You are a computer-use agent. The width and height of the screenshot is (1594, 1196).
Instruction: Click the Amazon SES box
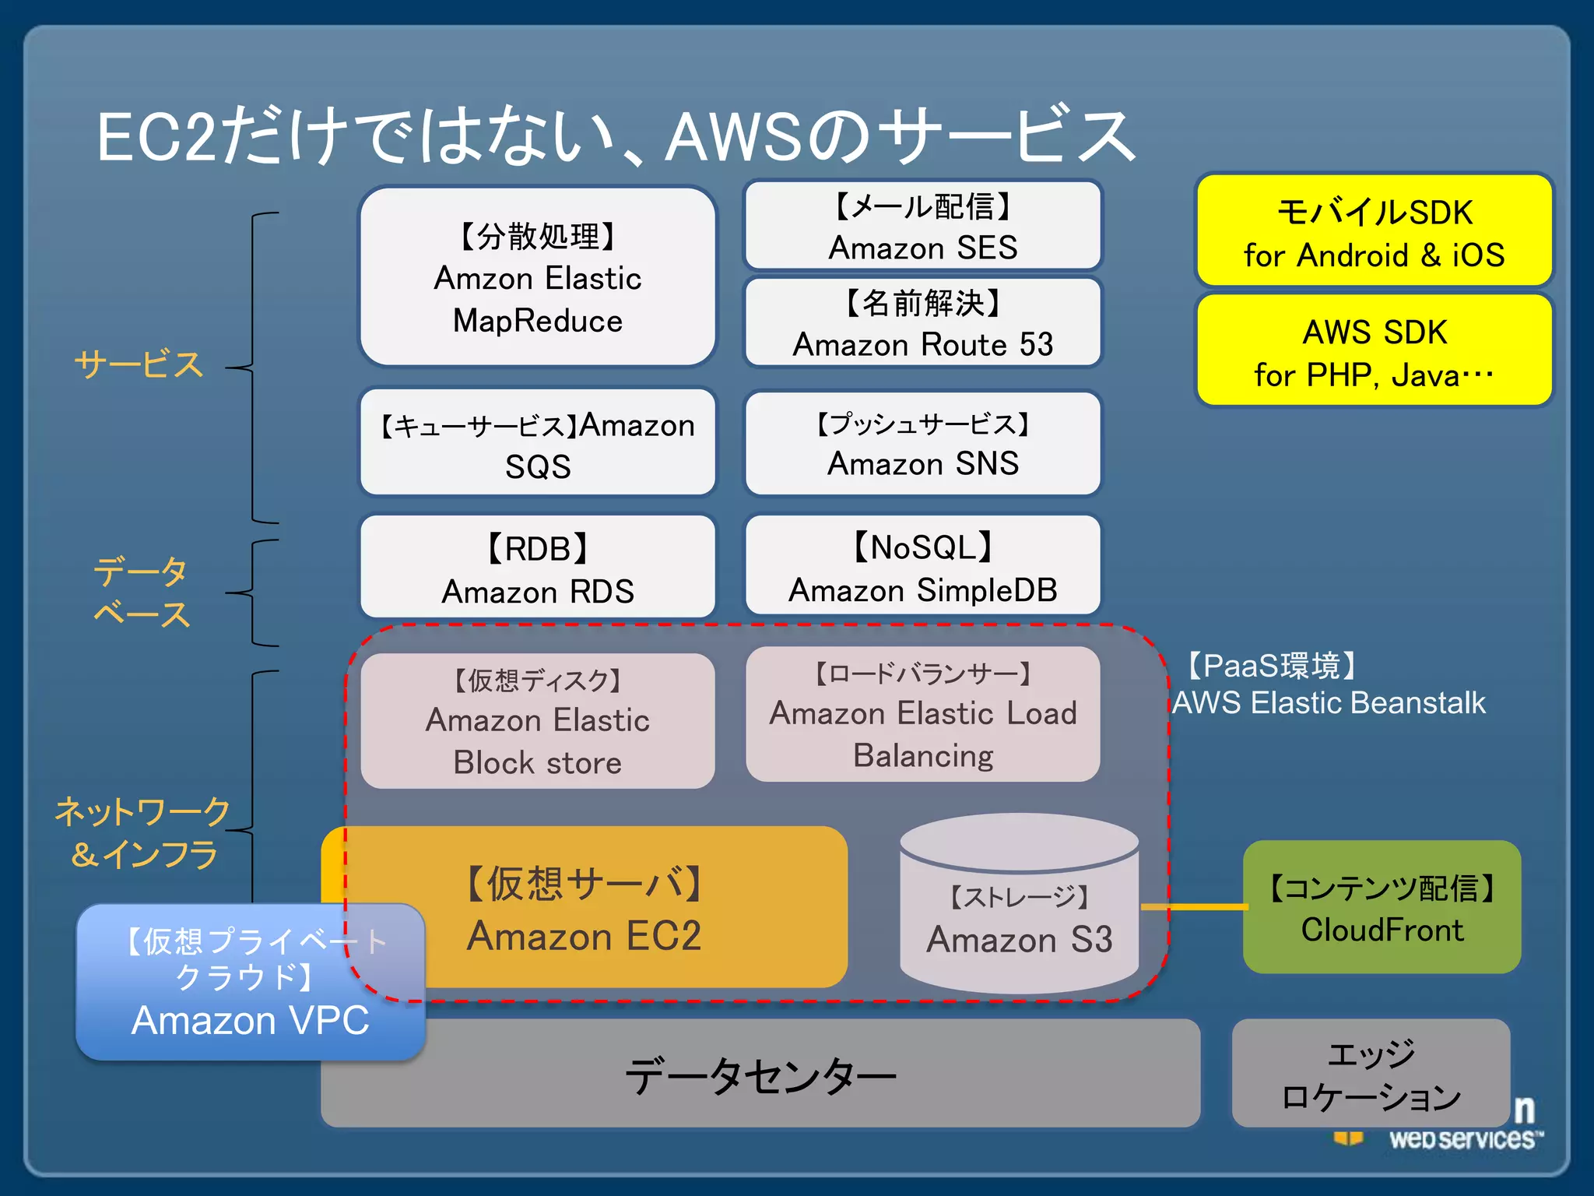pos(923,226)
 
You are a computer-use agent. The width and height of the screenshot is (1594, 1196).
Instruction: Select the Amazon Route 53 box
pos(923,323)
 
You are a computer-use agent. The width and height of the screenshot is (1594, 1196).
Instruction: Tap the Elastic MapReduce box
pos(537,277)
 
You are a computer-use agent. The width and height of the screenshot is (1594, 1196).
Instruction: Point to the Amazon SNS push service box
pos(923,444)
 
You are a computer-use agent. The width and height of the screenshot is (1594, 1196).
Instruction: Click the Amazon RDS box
pos(537,568)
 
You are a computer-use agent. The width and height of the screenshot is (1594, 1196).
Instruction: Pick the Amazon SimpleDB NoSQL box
pos(923,567)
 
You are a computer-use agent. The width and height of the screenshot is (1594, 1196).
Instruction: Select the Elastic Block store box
pos(537,721)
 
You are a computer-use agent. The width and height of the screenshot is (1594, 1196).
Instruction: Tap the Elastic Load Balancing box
pos(923,715)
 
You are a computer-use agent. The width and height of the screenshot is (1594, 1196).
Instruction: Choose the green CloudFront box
pos(1382,908)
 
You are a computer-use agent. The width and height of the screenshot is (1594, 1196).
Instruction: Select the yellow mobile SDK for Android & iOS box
pos(1374,232)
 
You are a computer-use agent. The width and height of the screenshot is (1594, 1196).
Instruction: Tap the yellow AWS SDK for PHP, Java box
pos(1374,352)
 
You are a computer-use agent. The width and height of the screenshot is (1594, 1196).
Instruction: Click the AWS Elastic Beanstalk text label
pos(1329,703)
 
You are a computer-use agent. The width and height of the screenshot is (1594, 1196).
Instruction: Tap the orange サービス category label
pos(139,364)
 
